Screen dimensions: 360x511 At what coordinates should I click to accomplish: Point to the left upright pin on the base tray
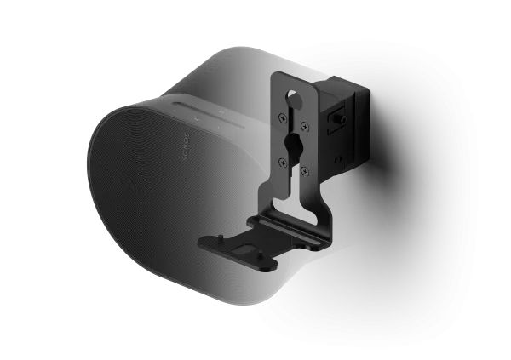[227, 239]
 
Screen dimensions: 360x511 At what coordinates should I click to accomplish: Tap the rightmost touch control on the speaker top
[219, 113]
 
